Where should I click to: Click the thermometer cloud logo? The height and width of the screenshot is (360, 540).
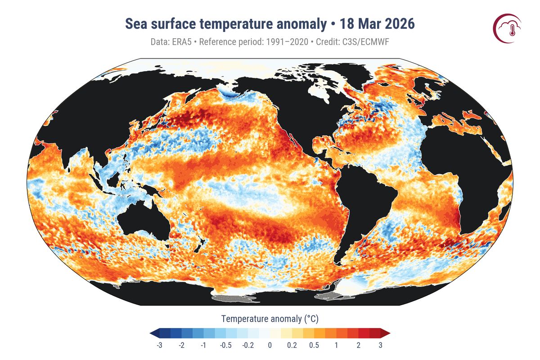(507, 29)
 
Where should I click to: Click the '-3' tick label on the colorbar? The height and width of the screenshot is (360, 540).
(159, 345)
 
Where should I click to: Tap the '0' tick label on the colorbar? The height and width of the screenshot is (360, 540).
(270, 345)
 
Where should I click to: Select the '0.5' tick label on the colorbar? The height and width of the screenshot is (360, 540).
(314, 345)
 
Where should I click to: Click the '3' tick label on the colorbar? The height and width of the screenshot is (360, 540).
(381, 345)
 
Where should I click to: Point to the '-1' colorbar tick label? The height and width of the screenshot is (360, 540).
(203, 345)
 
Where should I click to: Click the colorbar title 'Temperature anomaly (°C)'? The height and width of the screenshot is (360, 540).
(270, 319)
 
